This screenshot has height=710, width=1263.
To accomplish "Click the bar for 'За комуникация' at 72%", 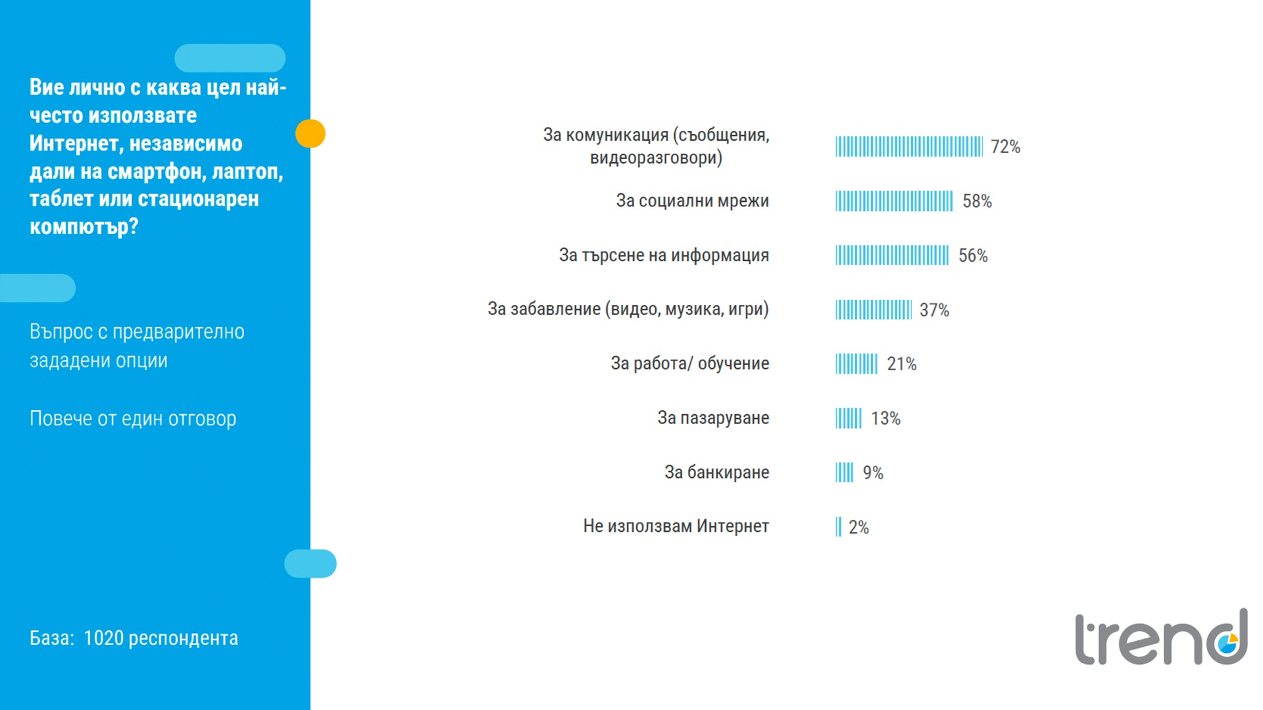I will coord(908,147).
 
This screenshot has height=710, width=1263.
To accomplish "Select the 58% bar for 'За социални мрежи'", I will coord(893,201).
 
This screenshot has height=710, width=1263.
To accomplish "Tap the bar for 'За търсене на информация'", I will coord(891,255).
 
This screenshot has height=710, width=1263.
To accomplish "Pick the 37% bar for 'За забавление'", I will coord(873,310).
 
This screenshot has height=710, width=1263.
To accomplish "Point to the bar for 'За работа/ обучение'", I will coord(856,364).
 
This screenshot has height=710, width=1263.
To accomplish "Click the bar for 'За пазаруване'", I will coord(848,418).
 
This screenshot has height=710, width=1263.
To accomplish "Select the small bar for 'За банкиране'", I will coord(844,472).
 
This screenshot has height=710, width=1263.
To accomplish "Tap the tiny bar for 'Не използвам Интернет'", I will coord(838,527).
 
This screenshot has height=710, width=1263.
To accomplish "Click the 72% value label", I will coord(1005,147).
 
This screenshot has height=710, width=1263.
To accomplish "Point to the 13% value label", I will coord(885,418).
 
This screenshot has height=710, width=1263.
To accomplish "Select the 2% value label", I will coord(858,527).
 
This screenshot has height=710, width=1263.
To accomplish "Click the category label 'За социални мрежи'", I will coord(692,201).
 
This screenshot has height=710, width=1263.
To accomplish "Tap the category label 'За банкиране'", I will coord(716,472).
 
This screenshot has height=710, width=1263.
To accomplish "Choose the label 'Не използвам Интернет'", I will coord(676,526).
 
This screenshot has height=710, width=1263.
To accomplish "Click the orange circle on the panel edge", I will coord(310,133).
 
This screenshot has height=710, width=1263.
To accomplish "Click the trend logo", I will coord(1161,638).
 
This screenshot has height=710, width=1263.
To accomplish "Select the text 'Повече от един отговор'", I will coord(133,418).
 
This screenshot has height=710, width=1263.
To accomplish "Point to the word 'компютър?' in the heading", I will coord(84,226).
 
